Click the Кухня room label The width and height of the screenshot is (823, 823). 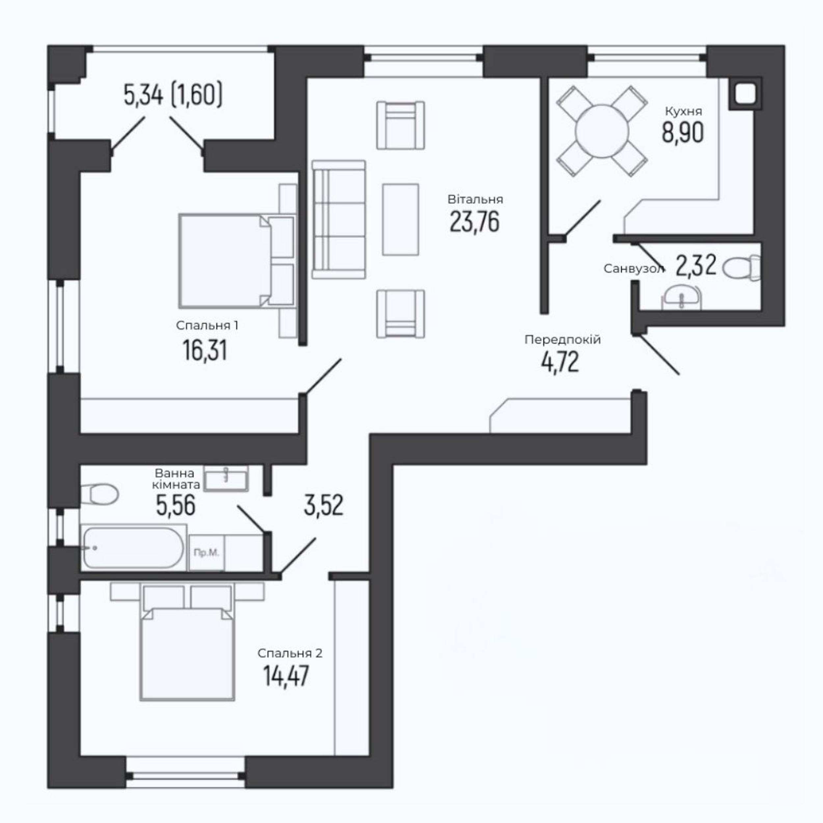(683, 112)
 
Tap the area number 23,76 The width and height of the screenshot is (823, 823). (475, 222)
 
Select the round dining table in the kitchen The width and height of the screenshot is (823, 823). (602, 131)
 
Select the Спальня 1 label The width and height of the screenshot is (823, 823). (207, 326)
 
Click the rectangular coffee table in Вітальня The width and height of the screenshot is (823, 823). (400, 219)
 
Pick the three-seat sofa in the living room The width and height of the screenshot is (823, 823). (339, 219)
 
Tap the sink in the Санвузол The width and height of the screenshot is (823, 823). (681, 297)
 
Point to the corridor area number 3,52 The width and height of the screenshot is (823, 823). (324, 506)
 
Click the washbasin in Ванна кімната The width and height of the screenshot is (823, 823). (226, 478)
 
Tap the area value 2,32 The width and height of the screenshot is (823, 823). (696, 266)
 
